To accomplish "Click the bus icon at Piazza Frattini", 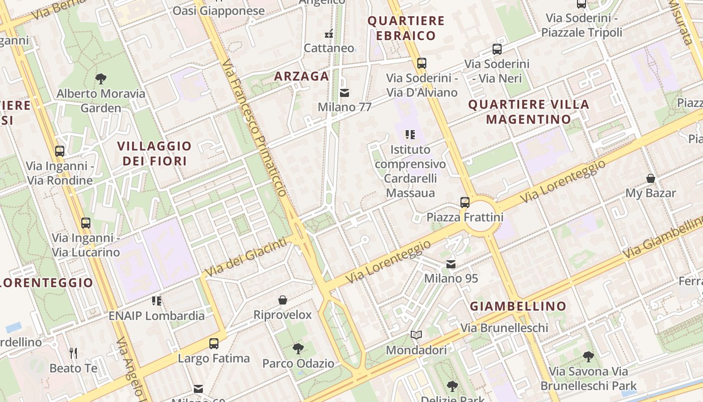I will pos(465,203).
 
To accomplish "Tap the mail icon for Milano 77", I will pos(344,93).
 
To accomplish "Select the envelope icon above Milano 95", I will pos(451,264).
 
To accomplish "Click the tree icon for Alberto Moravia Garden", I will pos(101,79).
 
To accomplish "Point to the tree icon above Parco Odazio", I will pos(298,348).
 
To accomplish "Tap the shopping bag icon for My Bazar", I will pos(651,178).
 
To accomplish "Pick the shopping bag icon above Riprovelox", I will pos(283,300).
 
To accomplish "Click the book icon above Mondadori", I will pos(416,335).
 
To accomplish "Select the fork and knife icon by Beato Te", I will pos(73,353).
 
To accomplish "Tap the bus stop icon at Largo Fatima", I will pos(214,344).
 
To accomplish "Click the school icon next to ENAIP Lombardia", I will pos(157,301).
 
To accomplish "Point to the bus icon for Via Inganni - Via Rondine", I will pos(60,151).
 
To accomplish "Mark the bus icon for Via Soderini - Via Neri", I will pos(497,49).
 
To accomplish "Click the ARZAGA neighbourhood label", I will pos(301,76).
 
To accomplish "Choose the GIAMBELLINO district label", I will pos(518,306).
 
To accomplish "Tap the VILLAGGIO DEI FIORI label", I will pos(155,154).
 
